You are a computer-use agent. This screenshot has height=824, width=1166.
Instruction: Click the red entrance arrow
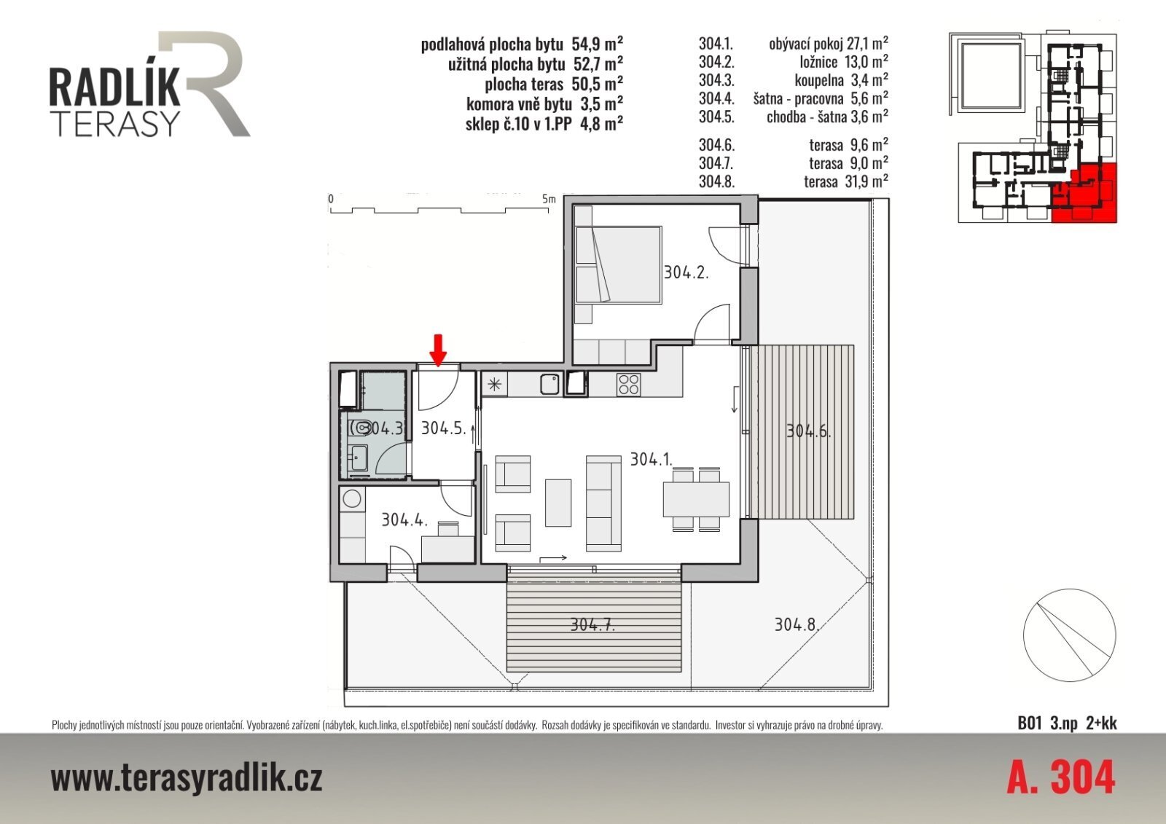point(438,351)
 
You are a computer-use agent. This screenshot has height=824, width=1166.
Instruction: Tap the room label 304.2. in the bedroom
point(686,272)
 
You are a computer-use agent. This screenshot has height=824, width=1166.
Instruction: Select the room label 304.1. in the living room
point(652,459)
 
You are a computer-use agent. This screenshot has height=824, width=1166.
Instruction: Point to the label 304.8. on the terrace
point(797,624)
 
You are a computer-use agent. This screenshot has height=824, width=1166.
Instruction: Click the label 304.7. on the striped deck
point(592,624)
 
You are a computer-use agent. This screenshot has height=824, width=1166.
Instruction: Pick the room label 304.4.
point(404,519)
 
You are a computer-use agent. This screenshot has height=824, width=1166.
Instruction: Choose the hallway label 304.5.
point(444,428)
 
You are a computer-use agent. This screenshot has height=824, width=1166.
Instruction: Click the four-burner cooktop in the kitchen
point(629,385)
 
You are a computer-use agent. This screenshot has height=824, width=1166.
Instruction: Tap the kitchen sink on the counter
point(549,385)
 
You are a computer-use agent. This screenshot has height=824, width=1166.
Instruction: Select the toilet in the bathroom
point(361,428)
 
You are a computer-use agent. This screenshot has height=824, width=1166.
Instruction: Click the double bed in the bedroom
point(619,264)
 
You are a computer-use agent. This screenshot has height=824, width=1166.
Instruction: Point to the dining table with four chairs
point(696,499)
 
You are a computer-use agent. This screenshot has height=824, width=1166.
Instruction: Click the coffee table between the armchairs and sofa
point(558,502)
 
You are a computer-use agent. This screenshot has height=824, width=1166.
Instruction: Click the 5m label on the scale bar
point(549,199)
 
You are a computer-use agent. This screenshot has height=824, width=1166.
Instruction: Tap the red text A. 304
point(1061,777)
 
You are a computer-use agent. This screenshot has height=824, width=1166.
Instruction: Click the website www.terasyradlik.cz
point(187,778)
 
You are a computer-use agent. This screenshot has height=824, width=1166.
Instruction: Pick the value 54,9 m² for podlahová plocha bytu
point(597,44)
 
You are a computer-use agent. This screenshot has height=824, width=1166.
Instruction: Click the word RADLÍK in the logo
point(114,87)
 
